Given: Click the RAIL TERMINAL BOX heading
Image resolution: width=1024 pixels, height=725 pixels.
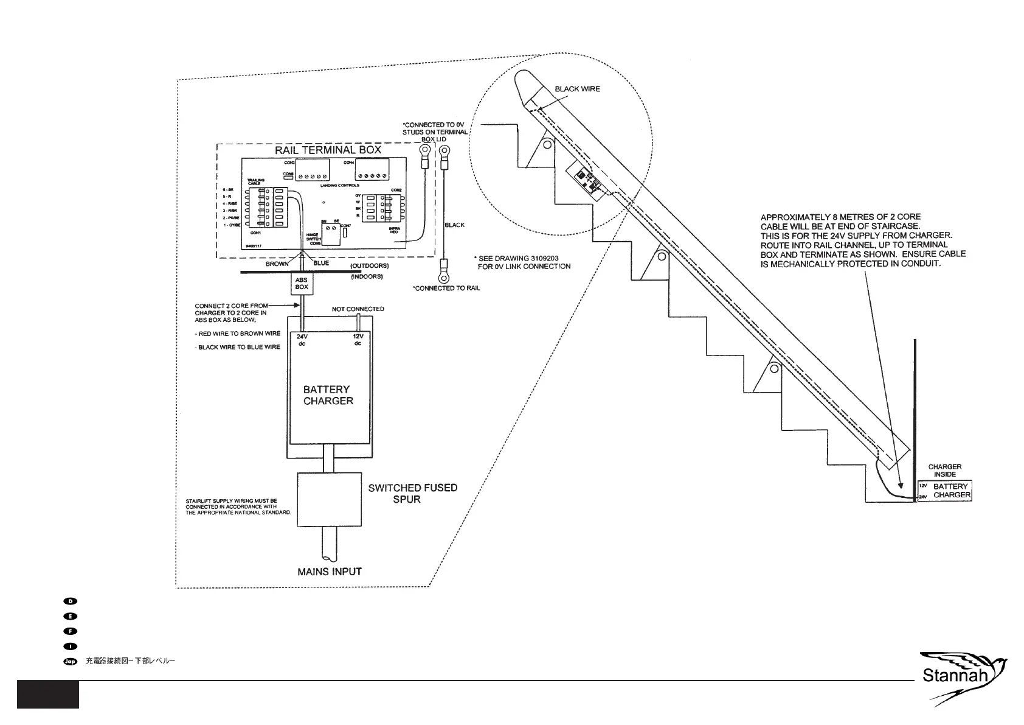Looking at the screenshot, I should coord(328,150).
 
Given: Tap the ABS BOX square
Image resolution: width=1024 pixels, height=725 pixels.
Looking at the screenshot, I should coord(302,284).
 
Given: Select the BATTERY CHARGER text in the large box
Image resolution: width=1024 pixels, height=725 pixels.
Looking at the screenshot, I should coord(328,395).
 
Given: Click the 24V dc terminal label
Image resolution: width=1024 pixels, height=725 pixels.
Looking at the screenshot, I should coord(302,340).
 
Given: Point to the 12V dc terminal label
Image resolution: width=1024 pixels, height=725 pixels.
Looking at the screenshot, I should coord(358,340).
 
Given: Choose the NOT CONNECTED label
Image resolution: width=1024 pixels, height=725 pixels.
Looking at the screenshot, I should coord(358,309).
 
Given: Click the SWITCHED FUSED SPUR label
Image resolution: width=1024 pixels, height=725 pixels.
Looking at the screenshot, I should coord(412,493).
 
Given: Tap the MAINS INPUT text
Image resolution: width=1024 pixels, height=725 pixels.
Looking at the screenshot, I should coord(330,572).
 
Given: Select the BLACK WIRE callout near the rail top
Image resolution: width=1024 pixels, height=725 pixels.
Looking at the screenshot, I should coord(577,89).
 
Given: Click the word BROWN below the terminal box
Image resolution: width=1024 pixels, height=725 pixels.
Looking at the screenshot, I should coord(277,264).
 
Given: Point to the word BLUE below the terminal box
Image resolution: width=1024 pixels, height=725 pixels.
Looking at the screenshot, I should coord(321,263).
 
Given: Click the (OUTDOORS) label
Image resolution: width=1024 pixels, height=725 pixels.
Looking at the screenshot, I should coord(369,266).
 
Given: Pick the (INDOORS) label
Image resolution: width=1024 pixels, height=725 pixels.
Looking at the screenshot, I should coord(367,277).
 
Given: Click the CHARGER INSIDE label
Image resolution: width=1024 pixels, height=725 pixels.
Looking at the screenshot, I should coord(944,471).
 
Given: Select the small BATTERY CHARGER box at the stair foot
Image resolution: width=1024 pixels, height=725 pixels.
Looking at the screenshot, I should coord(944,491).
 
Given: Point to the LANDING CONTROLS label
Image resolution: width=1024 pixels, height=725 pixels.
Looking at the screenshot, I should coord(339,185).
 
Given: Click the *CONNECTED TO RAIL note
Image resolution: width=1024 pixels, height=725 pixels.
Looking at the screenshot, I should coord(446,288).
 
